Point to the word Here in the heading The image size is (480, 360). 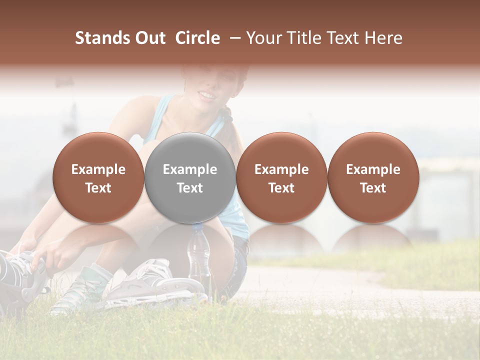(x=384, y=38)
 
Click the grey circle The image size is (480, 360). (x=190, y=178)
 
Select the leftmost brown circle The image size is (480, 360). (x=98, y=178)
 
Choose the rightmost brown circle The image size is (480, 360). (x=373, y=178)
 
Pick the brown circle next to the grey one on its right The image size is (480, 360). (x=281, y=178)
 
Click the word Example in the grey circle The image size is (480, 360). (x=190, y=169)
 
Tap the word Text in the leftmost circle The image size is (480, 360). (x=98, y=188)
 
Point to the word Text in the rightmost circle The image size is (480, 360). (x=373, y=188)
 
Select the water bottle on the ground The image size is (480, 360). (x=199, y=257)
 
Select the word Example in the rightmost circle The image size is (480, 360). (x=373, y=169)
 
